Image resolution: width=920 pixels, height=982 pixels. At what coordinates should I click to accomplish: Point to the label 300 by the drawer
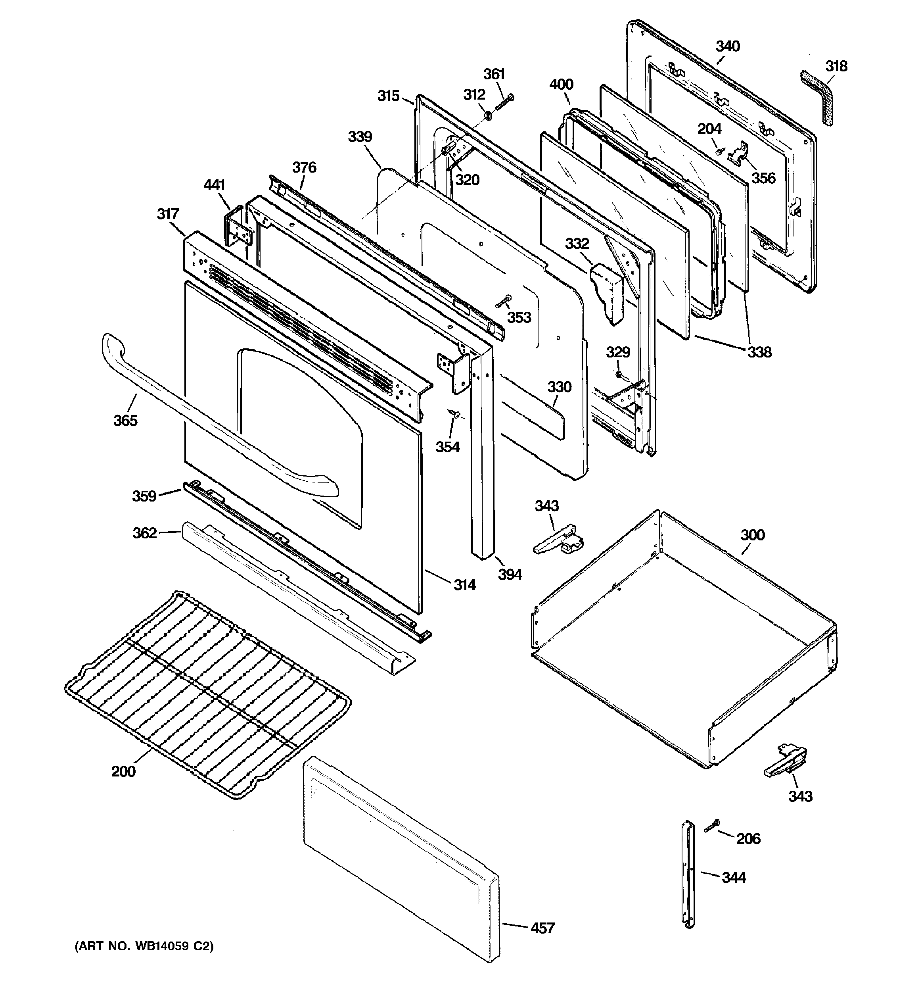pyautogui.click(x=752, y=534)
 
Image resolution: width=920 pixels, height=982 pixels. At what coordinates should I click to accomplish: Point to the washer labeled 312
pyautogui.click(x=487, y=115)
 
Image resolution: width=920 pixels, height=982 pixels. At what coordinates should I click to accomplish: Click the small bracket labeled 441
pyautogui.click(x=237, y=227)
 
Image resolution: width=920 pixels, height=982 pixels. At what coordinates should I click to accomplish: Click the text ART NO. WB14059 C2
pyautogui.click(x=144, y=946)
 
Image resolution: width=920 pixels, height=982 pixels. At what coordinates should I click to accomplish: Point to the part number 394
pyautogui.click(x=510, y=574)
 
